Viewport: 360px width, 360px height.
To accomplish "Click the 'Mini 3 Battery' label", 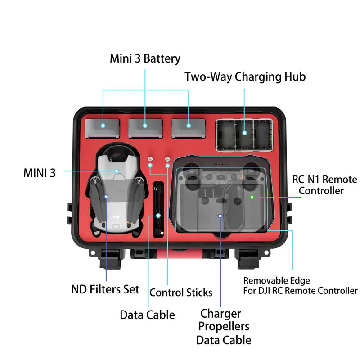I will (145, 58).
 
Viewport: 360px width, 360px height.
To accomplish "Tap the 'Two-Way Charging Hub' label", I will (245, 76).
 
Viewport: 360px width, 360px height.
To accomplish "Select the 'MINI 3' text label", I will (40, 173).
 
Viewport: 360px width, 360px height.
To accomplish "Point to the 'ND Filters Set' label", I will (105, 289).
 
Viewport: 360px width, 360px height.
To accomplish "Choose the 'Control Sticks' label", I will (180, 292).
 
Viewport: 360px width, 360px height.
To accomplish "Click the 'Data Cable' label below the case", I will (147, 315).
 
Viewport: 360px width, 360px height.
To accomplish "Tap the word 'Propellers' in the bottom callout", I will (224, 326).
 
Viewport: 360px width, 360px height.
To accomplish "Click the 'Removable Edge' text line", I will (276, 280).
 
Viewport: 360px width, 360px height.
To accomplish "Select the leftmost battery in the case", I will (103, 127).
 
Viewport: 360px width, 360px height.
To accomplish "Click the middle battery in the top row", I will (145, 127).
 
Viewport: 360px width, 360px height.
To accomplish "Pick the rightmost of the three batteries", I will (188, 127).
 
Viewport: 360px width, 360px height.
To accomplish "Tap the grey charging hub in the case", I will (244, 134).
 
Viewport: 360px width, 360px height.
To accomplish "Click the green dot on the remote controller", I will (252, 197).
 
